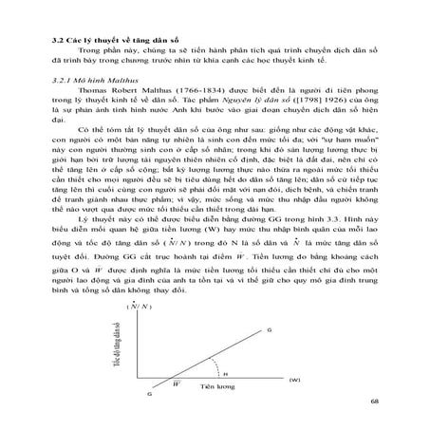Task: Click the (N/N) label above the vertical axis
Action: tap(139, 306)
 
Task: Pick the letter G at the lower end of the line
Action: tap(148, 393)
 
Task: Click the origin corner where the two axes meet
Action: tap(139, 378)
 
